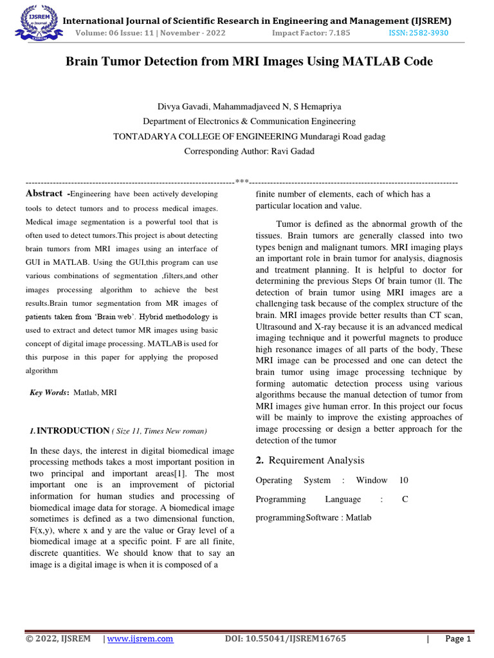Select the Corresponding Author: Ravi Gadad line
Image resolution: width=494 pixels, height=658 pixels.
click(x=249, y=152)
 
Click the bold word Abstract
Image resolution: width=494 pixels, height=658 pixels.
click(x=44, y=193)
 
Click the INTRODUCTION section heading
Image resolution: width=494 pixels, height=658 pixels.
click(x=73, y=431)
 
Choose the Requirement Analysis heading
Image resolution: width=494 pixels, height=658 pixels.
click(x=316, y=460)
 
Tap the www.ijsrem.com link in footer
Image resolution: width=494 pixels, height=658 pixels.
click(x=140, y=639)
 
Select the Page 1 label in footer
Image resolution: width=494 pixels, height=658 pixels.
click(x=458, y=639)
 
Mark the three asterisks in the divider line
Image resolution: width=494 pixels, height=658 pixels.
click(x=242, y=182)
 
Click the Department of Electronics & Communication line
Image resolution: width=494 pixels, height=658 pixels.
click(x=249, y=121)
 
